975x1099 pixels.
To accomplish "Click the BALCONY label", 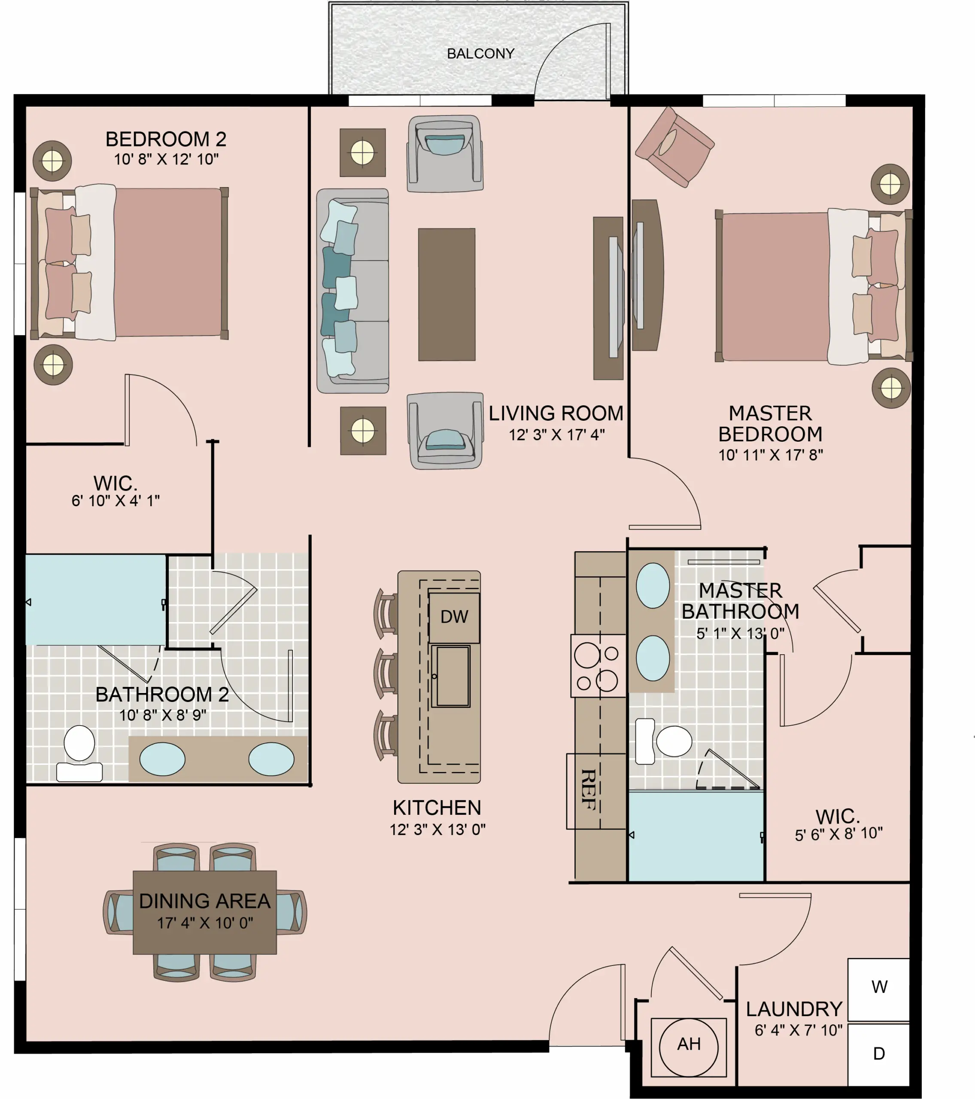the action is coord(480,54).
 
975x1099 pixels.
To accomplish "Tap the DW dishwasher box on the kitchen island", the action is coord(454,617).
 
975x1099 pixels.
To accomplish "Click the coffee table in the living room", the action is coord(447,294).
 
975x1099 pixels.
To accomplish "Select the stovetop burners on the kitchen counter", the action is coord(598,666).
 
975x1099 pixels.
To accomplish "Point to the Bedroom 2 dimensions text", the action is coord(166,159).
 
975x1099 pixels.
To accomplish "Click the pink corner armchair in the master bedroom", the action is coord(674,147).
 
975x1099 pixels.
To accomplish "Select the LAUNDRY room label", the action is coord(794,1009).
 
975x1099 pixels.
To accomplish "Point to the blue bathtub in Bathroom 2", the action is coord(96,599).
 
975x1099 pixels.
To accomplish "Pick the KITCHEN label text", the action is coord(437,808).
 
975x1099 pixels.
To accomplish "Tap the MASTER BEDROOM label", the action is coord(770,424).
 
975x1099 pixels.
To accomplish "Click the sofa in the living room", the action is coord(353,291).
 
